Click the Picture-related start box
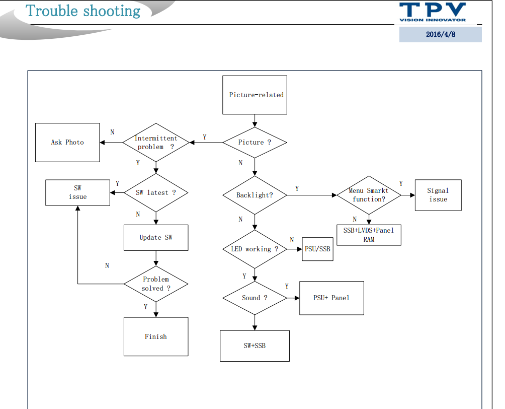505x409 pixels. pos(255,95)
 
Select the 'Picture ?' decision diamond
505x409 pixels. pos(255,143)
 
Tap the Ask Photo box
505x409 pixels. pos(67,143)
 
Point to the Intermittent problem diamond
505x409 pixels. pos(156,143)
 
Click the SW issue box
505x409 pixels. pos(77,192)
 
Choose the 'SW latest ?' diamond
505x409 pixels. pos(156,192)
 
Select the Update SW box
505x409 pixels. pos(156,237)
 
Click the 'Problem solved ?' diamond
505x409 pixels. pos(156,284)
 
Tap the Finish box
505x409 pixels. pos(156,336)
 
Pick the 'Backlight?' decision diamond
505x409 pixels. pos(255,195)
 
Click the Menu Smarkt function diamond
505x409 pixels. pos(369,195)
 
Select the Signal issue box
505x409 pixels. pos(438,195)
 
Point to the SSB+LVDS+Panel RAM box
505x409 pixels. pos(369,235)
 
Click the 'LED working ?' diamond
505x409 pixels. pos(255,249)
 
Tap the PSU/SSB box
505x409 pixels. pos(318,249)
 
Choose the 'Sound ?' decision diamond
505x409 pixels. pos(255,298)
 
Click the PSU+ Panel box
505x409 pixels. pos(331,298)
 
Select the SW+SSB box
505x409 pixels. pos(255,346)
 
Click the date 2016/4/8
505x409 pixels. pos(441,35)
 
